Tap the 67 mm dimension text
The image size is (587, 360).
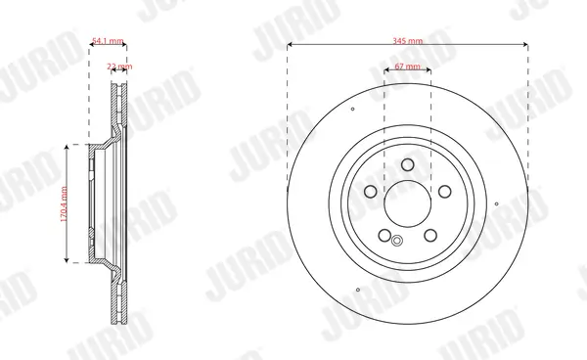pyautogui.click(x=408, y=67)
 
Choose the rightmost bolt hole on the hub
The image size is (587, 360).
pyautogui.click(x=444, y=192)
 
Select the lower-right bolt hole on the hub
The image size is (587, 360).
pyautogui.click(x=430, y=234)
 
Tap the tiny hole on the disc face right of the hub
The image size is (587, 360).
pyautogui.click(x=499, y=204)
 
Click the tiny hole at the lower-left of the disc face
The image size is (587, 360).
pyautogui.click(x=358, y=290)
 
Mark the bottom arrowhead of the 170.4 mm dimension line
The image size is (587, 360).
pyautogui.click(x=67, y=261)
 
